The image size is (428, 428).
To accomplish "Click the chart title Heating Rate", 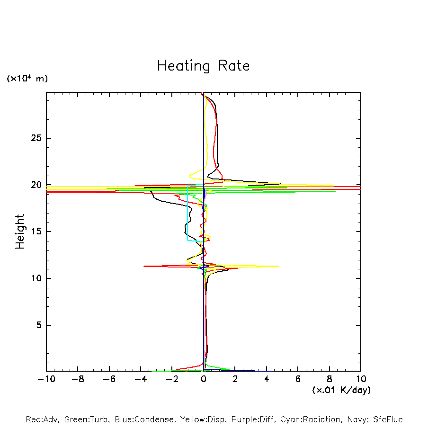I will tap(203, 66).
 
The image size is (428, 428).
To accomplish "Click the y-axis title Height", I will tap(20, 232).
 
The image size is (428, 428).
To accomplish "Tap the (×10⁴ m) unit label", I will tap(27, 79).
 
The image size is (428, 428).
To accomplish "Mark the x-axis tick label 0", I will tap(204, 379).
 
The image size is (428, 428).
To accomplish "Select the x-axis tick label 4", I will tap(267, 379).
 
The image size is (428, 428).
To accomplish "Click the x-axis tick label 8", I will tap(330, 379).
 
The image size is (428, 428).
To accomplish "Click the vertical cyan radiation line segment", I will tap(187, 213).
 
